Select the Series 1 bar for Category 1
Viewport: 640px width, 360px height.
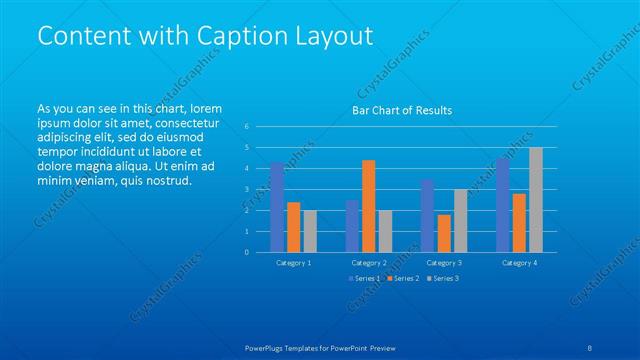click(x=277, y=207)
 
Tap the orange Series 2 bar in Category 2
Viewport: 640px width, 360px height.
click(x=369, y=206)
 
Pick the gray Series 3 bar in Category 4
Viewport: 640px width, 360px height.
click(x=536, y=199)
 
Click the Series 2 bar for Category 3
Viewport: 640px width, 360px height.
click(x=444, y=233)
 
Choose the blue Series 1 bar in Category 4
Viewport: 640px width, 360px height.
click(x=502, y=205)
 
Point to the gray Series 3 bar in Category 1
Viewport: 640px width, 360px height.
click(x=311, y=231)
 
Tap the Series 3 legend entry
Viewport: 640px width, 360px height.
click(x=443, y=278)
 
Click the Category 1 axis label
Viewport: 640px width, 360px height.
click(x=294, y=262)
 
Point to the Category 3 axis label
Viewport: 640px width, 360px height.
click(x=444, y=262)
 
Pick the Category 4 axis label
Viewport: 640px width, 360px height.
click(x=519, y=262)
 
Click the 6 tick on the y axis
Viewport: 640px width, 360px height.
click(x=246, y=126)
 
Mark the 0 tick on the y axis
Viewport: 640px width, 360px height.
click(x=246, y=252)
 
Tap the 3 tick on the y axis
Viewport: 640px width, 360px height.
click(x=246, y=189)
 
